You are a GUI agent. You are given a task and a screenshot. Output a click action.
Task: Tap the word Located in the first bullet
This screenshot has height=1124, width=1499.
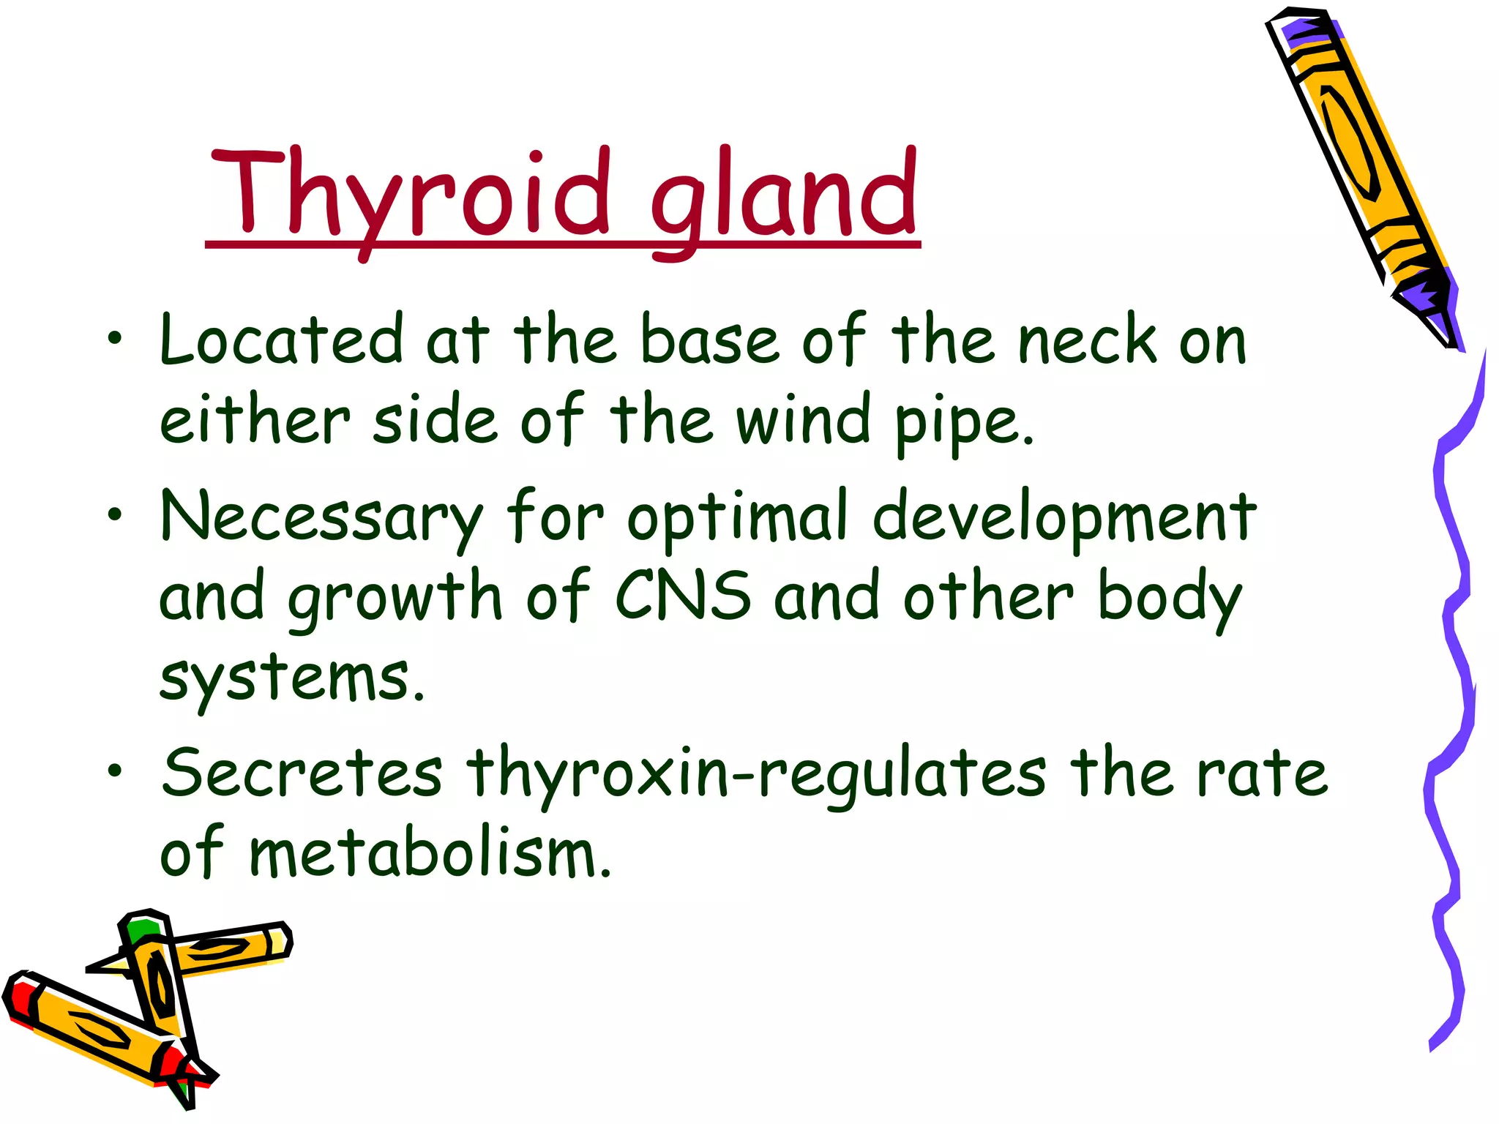pyautogui.click(x=282, y=340)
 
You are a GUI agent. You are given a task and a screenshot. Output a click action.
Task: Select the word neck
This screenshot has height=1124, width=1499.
pyautogui.click(x=1087, y=340)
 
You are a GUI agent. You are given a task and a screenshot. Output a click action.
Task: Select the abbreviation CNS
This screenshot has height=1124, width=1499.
pyautogui.click(x=682, y=596)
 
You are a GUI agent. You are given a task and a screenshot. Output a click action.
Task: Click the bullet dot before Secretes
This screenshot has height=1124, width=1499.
pyautogui.click(x=114, y=771)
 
